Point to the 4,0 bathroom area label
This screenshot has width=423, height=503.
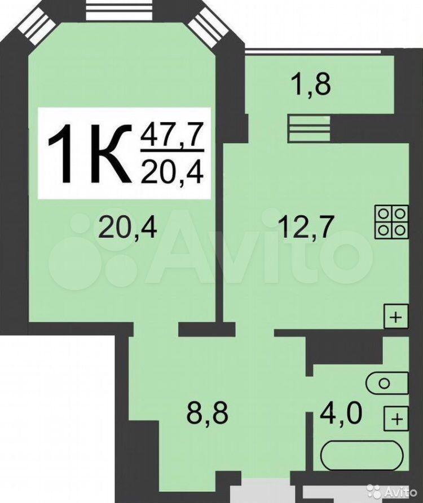tap(341, 413)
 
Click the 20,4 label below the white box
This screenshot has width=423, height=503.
tap(127, 228)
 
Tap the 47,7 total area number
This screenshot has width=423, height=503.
tap(173, 136)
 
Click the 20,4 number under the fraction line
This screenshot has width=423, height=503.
tap(173, 172)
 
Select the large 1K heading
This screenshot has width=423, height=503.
tap(90, 154)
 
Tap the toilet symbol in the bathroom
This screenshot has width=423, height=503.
tap(387, 383)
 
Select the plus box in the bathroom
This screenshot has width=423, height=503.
tap(396, 419)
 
